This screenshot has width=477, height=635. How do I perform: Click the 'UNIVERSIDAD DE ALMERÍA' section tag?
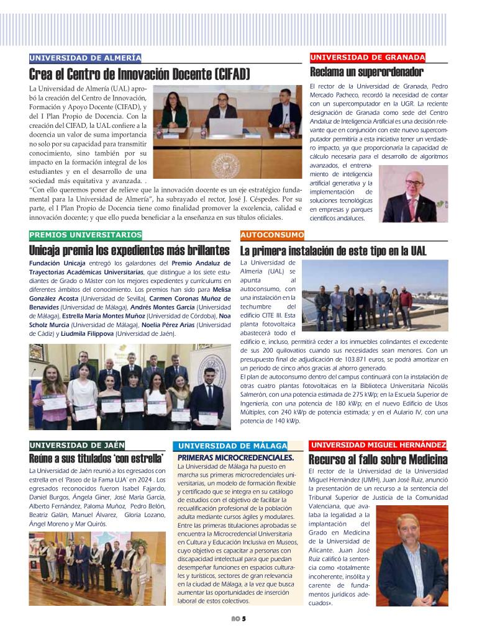pos(85,58)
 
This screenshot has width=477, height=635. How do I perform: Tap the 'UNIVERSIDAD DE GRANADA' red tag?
pos(368,58)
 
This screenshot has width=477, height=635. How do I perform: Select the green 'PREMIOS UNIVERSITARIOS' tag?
pos(85,235)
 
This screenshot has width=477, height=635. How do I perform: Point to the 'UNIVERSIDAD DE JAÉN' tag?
pos(77,445)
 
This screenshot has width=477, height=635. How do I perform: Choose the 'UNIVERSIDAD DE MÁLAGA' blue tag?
pos(232,446)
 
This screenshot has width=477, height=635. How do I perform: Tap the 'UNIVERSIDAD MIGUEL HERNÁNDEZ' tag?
pos(378,445)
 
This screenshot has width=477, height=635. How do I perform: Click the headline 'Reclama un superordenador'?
pos(366,72)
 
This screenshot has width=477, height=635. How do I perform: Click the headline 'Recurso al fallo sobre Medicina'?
pos(378,460)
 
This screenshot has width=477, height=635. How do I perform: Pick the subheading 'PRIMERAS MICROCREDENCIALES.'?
pos(235,457)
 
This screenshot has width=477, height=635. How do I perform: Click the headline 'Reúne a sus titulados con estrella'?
pos(96,459)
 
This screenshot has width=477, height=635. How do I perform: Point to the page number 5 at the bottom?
pos(244,618)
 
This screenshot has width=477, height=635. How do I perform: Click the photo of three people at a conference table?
pos(227,132)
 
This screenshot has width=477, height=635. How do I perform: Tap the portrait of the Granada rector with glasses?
pos(412,194)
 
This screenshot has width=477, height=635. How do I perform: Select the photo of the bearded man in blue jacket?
pos(411,556)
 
